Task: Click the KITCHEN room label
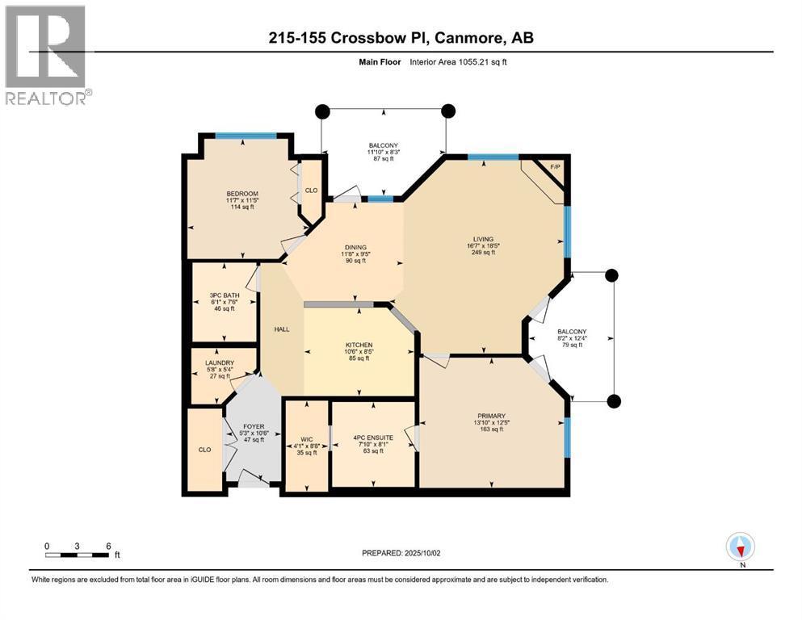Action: tap(359, 345)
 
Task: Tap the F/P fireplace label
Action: tap(555, 167)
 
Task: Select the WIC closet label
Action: tap(307, 440)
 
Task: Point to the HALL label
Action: tap(282, 329)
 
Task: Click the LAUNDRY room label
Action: tap(220, 363)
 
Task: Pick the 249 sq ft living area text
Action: tap(483, 253)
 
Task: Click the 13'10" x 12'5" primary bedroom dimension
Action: tap(492, 423)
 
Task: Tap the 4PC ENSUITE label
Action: tap(373, 438)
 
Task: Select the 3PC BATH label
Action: tap(225, 295)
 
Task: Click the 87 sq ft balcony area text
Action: tap(384, 159)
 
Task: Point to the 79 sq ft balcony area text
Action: tap(572, 345)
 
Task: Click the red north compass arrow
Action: tap(741, 550)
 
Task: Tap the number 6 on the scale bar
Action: tap(108, 547)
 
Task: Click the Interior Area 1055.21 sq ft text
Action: tap(458, 62)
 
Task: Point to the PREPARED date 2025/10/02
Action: tap(422, 553)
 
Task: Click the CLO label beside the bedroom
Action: tap(312, 191)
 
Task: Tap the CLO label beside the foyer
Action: tap(204, 450)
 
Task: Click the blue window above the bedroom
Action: tap(246, 136)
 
